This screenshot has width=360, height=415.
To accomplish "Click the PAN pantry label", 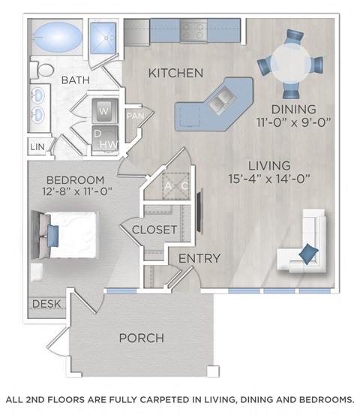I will [x=135, y=116].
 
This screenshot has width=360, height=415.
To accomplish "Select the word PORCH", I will [x=141, y=338].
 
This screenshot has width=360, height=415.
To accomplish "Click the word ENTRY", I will [x=199, y=259].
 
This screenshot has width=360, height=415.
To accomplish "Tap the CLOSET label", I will [x=154, y=230].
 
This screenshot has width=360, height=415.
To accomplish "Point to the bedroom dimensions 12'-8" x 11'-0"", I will [x=79, y=191].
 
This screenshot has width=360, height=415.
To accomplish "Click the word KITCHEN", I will [x=175, y=74].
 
